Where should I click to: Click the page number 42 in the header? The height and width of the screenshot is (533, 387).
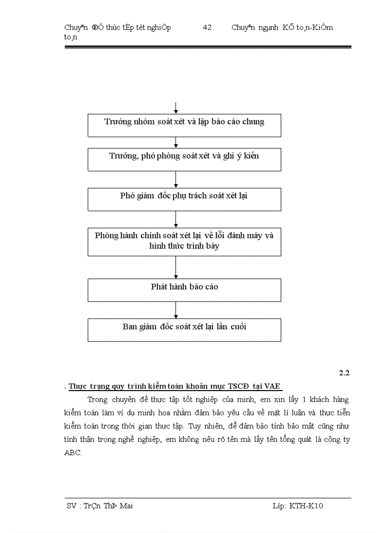207,28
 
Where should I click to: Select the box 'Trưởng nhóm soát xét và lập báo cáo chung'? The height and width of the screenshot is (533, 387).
184,125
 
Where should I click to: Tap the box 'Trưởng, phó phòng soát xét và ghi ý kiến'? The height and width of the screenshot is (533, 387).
184,159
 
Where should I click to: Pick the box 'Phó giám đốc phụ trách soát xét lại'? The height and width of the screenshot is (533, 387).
184,199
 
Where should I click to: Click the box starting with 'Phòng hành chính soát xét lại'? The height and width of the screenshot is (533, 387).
184,242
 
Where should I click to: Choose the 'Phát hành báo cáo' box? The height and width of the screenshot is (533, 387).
184,290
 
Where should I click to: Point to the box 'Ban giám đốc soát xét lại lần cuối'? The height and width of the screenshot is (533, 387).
184,330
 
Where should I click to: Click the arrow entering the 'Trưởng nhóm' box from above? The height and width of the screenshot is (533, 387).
176,108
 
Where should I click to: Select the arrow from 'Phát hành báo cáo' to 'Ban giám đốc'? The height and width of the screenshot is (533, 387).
176,310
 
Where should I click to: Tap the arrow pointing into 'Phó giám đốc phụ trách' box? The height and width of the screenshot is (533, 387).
176,179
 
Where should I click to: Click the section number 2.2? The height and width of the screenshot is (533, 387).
344,373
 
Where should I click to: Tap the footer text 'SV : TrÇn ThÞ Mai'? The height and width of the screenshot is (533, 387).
100,506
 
